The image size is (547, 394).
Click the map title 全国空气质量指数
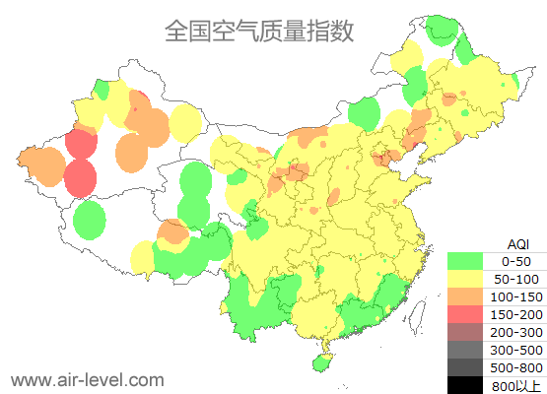pyautogui.click(x=259, y=32)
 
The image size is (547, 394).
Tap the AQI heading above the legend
pyautogui.click(x=516, y=243)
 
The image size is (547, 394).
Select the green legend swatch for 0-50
pyautogui.click(x=464, y=261)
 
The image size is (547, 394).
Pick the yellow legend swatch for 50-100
pyautogui.click(x=464, y=279)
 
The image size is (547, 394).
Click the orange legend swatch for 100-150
pyautogui.click(x=464, y=296)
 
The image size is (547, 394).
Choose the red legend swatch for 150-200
pyautogui.click(x=464, y=314)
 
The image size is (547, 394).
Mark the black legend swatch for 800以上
pyautogui.click(x=464, y=385)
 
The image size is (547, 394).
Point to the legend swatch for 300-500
pyautogui.click(x=464, y=350)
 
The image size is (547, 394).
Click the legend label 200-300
pyautogui.click(x=516, y=332)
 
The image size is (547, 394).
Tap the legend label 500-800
pyautogui.click(x=516, y=367)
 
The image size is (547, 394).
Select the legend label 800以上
pyautogui.click(x=516, y=385)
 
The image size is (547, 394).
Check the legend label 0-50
pyautogui.click(x=516, y=261)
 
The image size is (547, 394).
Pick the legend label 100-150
pyautogui.click(x=516, y=296)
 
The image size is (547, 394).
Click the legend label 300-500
pyautogui.click(x=516, y=350)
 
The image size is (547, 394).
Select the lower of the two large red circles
pyautogui.click(x=80, y=178)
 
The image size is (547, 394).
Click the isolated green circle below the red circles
pyautogui.click(x=90, y=220)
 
